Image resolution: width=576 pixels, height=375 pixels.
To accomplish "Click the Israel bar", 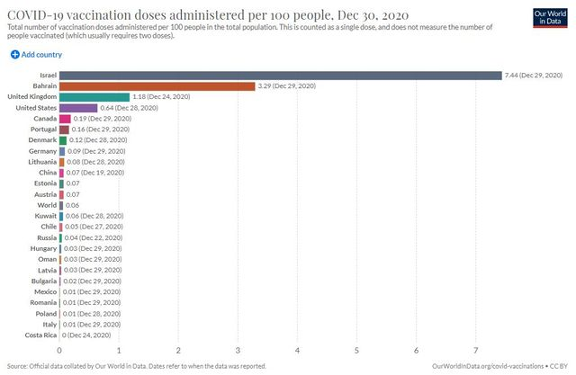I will pos(280,75).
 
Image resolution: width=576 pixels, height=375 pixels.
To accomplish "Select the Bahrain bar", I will pos(157,85).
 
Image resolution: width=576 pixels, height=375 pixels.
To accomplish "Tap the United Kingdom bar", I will pos(94,96).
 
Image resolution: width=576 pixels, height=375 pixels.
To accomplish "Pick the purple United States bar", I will pos(78,107).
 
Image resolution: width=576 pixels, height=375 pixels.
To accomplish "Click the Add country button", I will pos(35,55).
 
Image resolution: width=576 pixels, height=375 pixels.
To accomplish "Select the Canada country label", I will pos(45,118).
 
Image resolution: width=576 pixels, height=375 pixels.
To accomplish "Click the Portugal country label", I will pos(43,129).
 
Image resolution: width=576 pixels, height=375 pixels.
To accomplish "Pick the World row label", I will pos(47,205).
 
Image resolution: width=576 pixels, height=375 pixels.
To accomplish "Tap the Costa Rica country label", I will pos(40,335).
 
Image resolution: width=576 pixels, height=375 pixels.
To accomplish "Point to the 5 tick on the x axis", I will pos(357,350).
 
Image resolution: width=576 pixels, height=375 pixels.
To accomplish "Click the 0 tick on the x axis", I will pos(59,350).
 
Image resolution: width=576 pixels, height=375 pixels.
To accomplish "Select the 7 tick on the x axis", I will pos(476,350).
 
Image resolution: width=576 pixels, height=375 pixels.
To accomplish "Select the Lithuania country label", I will pos(41,162).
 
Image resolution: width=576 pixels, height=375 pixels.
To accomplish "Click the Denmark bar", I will pos(63,140).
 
